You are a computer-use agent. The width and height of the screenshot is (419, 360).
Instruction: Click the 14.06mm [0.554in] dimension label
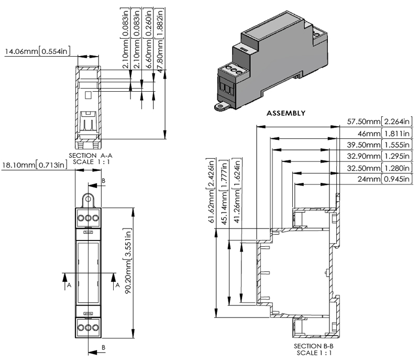pyautogui.click(x=37, y=52)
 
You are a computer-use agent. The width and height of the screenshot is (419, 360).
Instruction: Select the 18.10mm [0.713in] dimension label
pyautogui.click(x=35, y=166)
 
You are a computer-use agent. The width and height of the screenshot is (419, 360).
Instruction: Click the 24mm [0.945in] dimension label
pyautogui.click(x=387, y=180)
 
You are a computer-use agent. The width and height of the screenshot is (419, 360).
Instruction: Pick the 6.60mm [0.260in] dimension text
pyautogui.click(x=149, y=33)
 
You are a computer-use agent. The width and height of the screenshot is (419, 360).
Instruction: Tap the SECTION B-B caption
pyautogui.click(x=314, y=346)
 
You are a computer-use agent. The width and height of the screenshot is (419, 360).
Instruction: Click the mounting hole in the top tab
pyautogui.click(x=89, y=200)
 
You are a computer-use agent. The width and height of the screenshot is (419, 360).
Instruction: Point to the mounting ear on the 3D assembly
pyautogui.click(x=220, y=107)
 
